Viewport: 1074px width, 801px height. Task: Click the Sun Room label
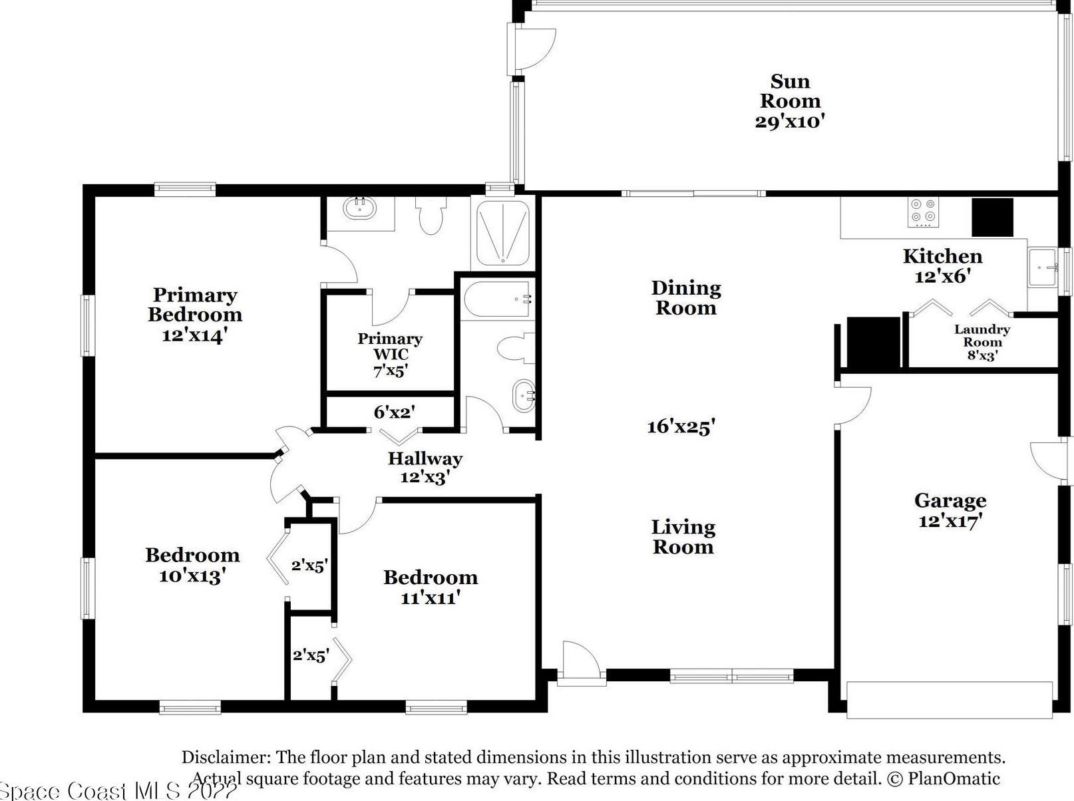(790, 91)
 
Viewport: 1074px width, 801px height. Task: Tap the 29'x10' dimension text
(790, 121)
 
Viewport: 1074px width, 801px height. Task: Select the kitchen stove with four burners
(924, 212)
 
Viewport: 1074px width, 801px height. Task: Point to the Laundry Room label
(982, 336)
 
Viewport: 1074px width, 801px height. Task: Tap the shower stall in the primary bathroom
(502, 233)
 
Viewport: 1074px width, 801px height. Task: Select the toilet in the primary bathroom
(431, 215)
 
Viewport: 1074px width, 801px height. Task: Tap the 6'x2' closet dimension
(394, 412)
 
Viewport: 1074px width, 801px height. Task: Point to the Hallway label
(425, 458)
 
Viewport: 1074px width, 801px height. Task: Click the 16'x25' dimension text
(681, 427)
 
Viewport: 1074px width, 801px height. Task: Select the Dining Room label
(686, 298)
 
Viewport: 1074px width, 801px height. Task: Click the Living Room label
(683, 537)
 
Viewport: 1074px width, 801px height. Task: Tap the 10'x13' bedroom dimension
(192, 576)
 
